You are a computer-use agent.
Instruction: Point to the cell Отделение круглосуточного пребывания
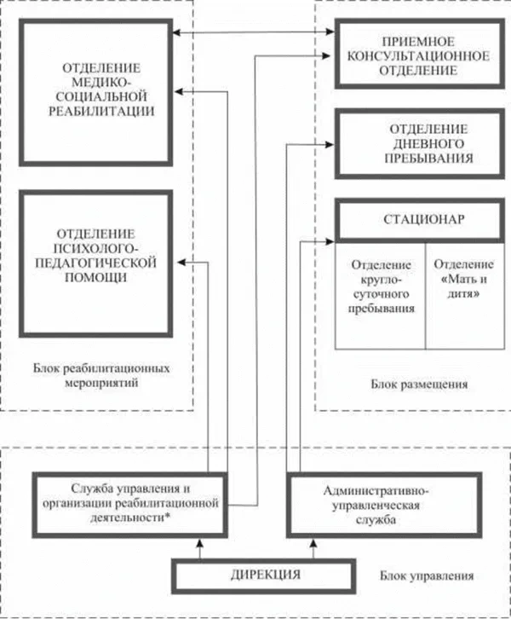click(381, 294)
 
